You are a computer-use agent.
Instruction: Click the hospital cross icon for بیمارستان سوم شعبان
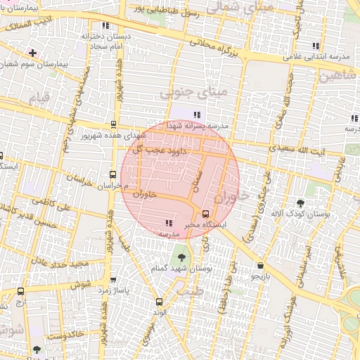click(32, 53)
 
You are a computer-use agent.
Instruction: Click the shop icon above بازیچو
click(262, 266)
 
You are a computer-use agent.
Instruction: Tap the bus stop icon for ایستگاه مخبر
click(205, 214)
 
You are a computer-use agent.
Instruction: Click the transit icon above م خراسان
click(112, 174)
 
